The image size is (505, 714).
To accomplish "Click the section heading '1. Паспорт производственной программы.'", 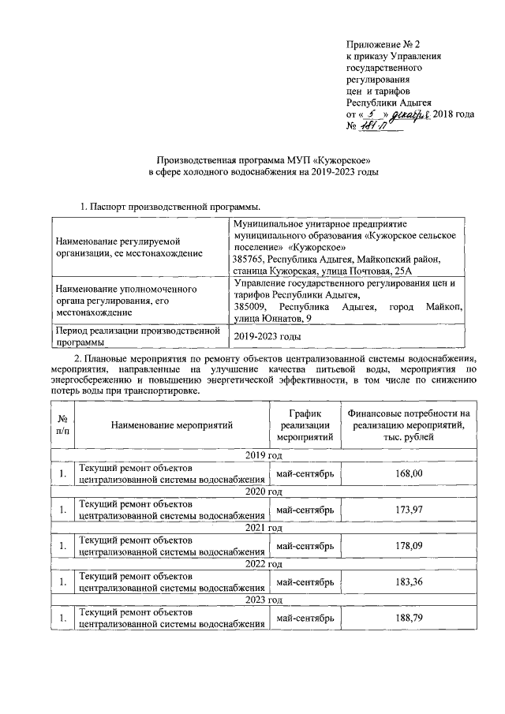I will point(149,207).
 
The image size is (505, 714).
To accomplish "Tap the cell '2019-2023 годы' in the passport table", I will point(268,336).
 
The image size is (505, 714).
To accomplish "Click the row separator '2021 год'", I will point(264,528).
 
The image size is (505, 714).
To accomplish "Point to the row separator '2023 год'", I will point(264,600).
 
